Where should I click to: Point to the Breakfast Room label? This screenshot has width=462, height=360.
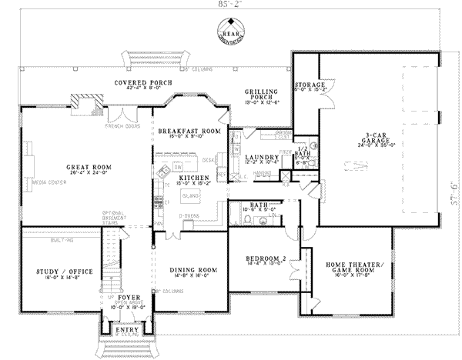pos(189,132)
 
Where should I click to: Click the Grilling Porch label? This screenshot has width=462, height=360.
pos(261,95)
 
